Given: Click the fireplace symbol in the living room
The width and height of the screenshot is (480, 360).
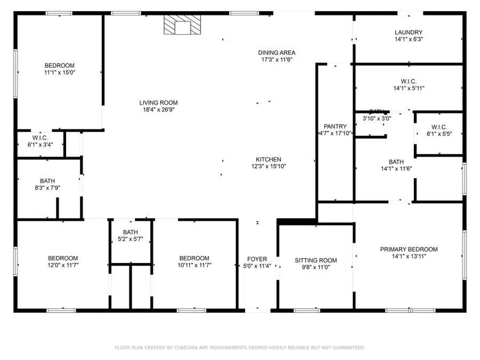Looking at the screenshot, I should tap(181, 25).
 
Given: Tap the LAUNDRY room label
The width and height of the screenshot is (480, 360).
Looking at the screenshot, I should tap(409, 32).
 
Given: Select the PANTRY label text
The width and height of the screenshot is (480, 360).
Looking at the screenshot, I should tap(334, 126).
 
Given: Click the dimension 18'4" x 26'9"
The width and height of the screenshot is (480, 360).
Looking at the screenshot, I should tap(158, 110).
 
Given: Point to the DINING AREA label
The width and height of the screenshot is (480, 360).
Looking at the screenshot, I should tap(277, 52).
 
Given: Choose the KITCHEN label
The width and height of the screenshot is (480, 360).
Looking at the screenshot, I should tap(268, 159).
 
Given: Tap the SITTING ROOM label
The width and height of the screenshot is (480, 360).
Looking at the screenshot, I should tap(316, 260).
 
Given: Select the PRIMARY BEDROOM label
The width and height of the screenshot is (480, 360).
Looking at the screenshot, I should tap(409, 249).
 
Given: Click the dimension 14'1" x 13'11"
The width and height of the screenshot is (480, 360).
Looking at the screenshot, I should tap(409, 256).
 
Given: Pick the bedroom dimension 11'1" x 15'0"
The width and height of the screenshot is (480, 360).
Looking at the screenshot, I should tap(59, 73).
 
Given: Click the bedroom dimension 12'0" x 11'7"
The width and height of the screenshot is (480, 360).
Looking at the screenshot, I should tap(63, 265).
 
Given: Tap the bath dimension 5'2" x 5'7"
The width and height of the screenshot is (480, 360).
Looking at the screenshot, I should tap(130, 239).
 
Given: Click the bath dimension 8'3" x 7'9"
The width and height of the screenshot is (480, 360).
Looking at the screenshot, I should tap(47, 188).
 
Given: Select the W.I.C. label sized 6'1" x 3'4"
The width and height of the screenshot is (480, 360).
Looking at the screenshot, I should tap(40, 138).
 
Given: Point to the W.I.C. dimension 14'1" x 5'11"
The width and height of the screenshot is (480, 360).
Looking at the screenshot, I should tap(409, 89).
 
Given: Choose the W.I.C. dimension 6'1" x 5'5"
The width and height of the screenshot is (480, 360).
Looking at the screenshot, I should tap(439, 133).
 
